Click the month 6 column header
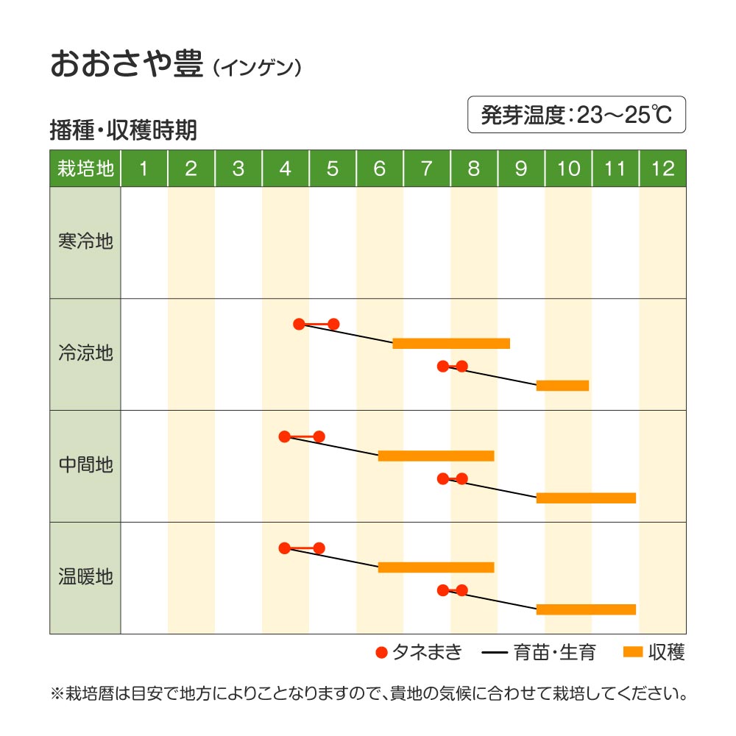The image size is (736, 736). click(x=380, y=169)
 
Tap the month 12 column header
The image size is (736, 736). click(x=662, y=169)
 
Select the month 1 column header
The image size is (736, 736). click(x=144, y=169)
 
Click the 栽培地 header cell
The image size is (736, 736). click(x=85, y=169)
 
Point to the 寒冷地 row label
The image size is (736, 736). click(x=85, y=241)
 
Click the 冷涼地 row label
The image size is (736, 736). click(x=85, y=353)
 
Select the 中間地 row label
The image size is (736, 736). click(x=85, y=465)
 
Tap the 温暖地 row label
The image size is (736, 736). click(x=85, y=577)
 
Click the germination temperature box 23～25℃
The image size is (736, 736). click(x=576, y=115)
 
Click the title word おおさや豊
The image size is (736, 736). click(x=126, y=65)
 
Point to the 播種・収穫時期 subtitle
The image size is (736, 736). click(x=123, y=130)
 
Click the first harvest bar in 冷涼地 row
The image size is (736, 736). click(x=451, y=343)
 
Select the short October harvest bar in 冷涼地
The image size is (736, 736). click(x=562, y=385)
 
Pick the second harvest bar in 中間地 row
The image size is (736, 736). click(x=586, y=498)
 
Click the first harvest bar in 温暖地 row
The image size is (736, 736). click(x=436, y=567)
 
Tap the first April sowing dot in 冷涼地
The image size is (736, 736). click(x=299, y=324)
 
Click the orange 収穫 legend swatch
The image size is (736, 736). click(x=633, y=652)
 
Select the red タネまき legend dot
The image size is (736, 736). click(x=381, y=652)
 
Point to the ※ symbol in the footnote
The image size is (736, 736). click(x=57, y=693)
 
